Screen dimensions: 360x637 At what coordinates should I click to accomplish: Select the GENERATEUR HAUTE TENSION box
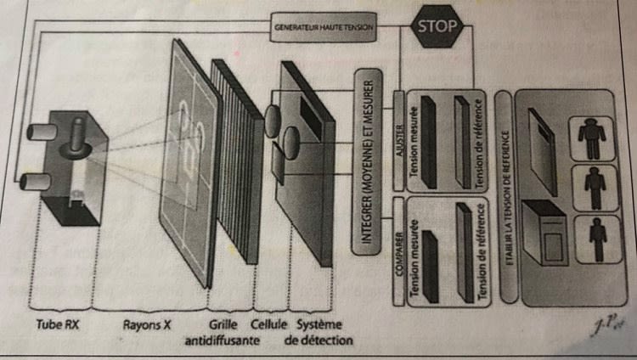click(324, 26)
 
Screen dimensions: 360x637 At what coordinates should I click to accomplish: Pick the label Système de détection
click(322, 333)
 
